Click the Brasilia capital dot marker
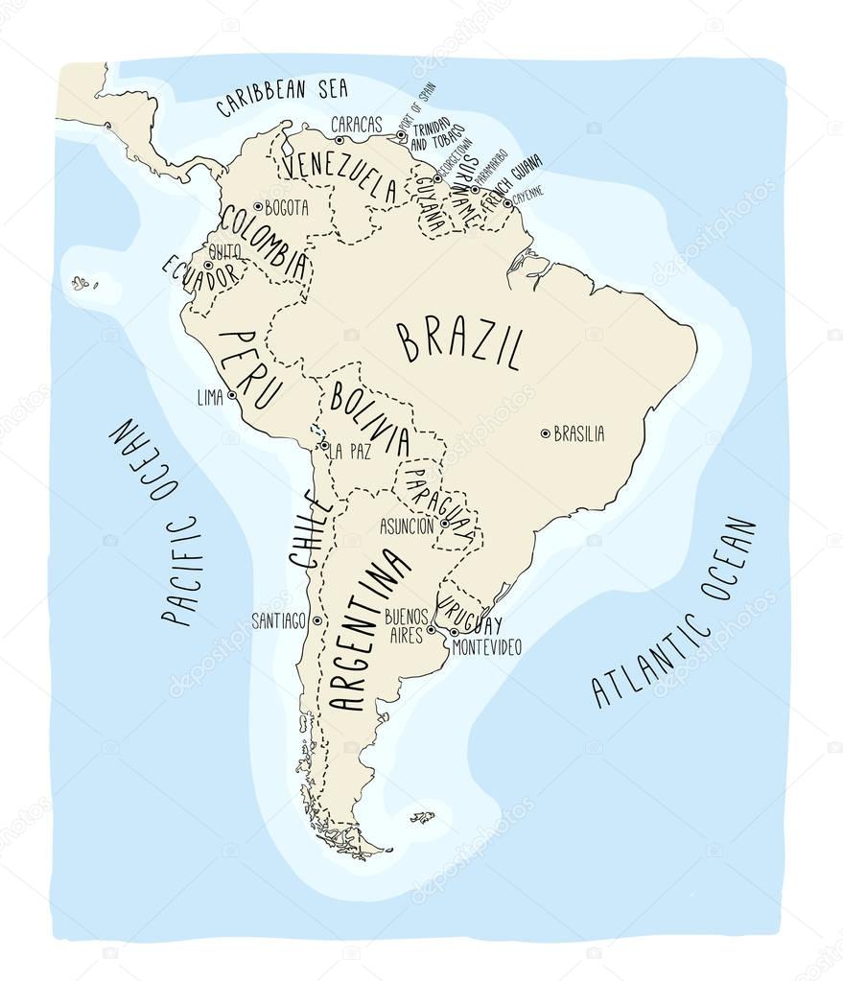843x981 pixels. [x=546, y=433]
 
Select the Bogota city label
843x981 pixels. [x=287, y=207]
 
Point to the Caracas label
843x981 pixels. [x=356, y=125]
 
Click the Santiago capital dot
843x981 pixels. [x=316, y=620]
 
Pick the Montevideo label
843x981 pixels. [x=486, y=647]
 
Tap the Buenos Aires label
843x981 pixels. [x=404, y=624]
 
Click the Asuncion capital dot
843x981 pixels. [x=444, y=525]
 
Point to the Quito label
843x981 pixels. [x=224, y=252]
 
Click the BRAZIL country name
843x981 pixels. [x=461, y=346]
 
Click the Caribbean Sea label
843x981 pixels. [x=281, y=97]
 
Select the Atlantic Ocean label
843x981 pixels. [x=675, y=614]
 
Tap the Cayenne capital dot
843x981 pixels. [x=507, y=202]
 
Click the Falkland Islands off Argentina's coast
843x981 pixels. [x=422, y=817]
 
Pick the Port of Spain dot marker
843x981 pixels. [x=401, y=135]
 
